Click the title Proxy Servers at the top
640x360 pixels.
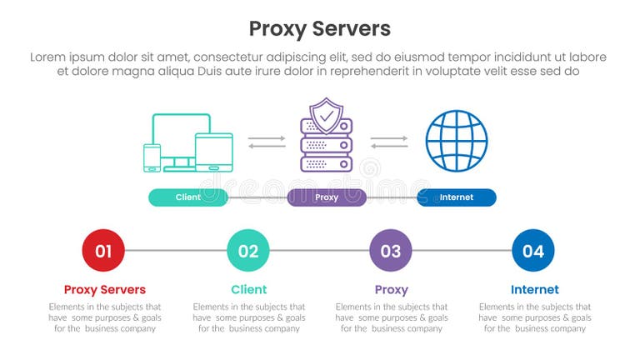[320, 28]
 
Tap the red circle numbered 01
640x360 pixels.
[103, 250]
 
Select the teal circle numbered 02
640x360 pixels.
[248, 250]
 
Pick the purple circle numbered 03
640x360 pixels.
[391, 250]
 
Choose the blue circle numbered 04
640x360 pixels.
[533, 250]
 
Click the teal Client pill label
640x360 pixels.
[188, 197]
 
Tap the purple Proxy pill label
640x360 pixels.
[327, 197]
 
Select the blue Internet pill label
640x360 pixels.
[456, 197]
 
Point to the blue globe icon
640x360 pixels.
[456, 141]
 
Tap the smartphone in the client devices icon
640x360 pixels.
[152, 157]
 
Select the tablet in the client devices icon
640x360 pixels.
[213, 150]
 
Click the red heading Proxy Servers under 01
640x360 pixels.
[105, 290]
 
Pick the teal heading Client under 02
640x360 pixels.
[248, 290]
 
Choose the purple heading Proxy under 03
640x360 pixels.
[391, 290]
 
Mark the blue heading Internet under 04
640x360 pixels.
[534, 290]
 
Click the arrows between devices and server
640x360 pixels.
[267, 142]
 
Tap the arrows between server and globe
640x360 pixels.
[388, 142]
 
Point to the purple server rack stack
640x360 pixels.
[326, 150]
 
